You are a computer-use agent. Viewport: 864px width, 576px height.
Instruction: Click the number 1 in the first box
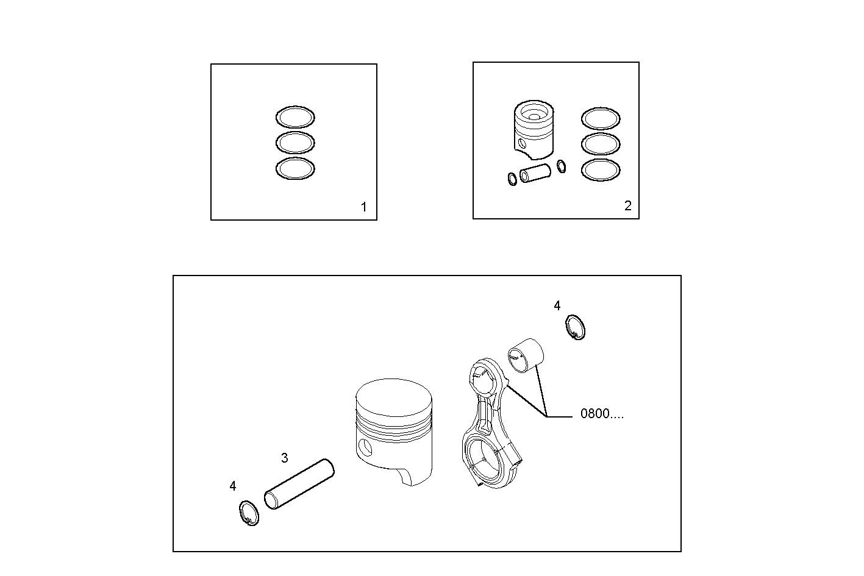tap(364, 207)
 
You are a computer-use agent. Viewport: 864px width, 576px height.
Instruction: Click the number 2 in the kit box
tap(628, 206)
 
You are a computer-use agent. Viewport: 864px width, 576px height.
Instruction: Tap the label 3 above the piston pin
tap(285, 458)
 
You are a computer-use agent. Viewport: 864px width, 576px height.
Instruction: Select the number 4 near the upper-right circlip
tap(557, 306)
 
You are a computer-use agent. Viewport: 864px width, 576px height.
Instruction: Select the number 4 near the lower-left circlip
tap(233, 486)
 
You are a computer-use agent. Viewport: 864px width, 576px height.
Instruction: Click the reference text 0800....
tap(601, 414)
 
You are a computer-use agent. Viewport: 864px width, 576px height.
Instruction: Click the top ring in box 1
tap(295, 118)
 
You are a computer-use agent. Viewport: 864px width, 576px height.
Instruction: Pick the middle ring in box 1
tap(295, 143)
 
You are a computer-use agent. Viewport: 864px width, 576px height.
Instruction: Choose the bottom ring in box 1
tap(295, 169)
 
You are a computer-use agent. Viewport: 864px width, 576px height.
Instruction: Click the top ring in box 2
tap(601, 118)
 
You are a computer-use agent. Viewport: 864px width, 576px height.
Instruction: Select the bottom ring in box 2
tap(601, 170)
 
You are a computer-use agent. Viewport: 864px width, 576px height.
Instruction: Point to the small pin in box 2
tap(536, 174)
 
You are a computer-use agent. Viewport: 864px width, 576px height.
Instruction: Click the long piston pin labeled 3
tap(299, 484)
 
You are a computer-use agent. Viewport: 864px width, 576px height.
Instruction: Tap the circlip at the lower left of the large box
tap(248, 513)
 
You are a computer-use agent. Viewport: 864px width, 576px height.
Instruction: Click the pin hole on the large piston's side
tap(365, 447)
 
